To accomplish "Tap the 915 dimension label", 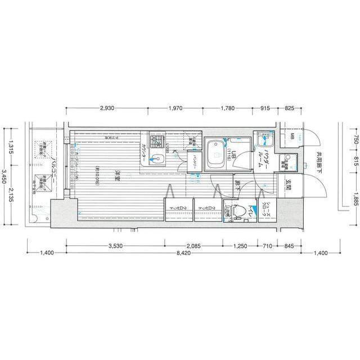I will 266,108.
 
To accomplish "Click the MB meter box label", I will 292,138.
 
